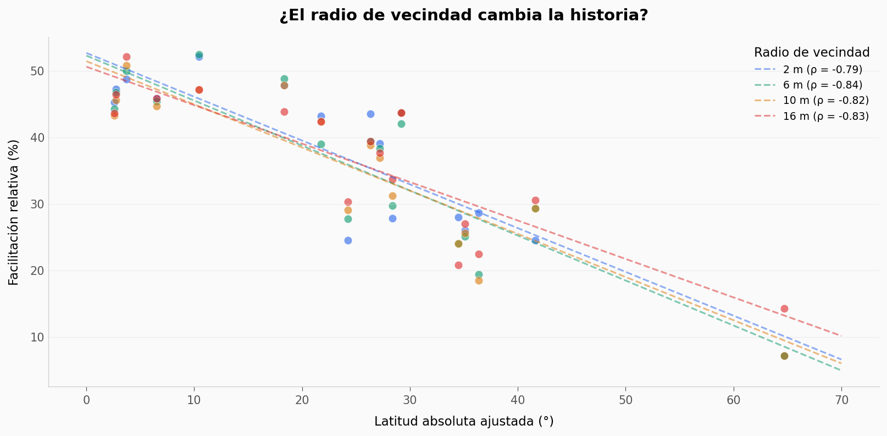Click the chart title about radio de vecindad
coord(463,15)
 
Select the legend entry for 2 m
coord(822,70)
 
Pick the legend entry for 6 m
coord(822,85)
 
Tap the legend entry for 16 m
coord(825,117)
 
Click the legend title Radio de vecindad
coord(811,53)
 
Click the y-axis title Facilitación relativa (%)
coord(14,212)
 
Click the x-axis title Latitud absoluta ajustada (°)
coord(463,422)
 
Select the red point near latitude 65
coord(784,309)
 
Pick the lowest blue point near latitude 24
coord(348,241)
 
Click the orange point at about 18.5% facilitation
coord(479,281)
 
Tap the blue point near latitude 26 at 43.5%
coord(370,114)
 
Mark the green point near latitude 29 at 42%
coord(401,124)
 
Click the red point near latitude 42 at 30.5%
coord(535,201)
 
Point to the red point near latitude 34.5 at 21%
coord(458,266)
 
